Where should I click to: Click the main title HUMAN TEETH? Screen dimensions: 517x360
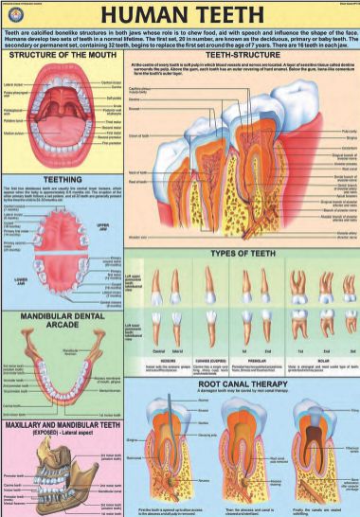179,15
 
